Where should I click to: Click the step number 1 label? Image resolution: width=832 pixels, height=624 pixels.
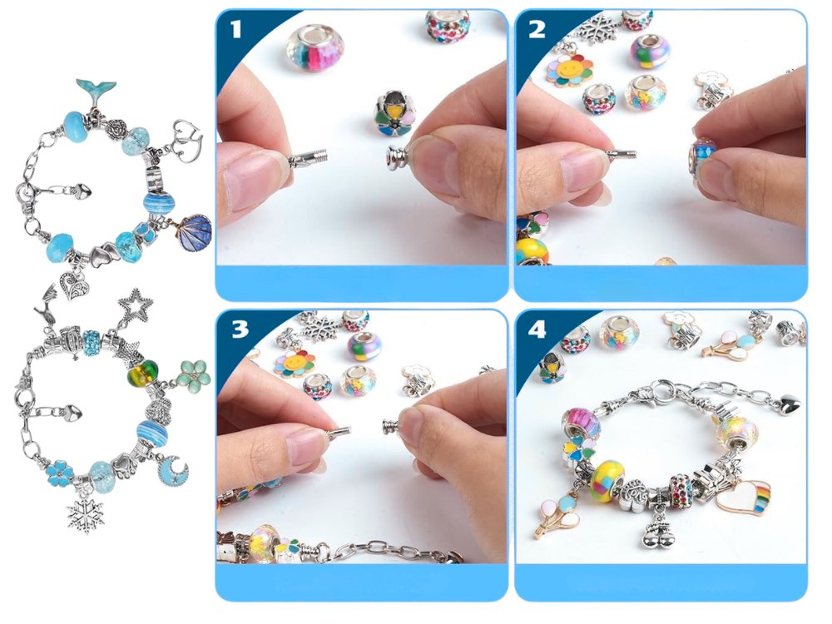(235, 28)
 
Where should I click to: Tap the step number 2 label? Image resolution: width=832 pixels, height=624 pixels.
(537, 29)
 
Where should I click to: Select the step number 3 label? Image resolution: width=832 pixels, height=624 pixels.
(240, 329)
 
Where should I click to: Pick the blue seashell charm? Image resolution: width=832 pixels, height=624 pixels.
(196, 233)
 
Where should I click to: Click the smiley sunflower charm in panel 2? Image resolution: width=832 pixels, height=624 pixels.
(570, 71)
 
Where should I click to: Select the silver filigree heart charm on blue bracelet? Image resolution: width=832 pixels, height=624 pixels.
(71, 285)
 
